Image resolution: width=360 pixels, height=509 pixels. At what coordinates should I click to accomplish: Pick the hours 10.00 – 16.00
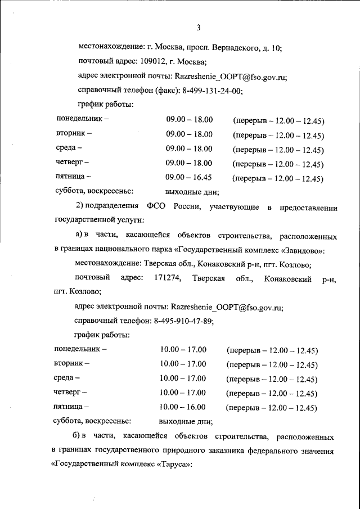[183, 407]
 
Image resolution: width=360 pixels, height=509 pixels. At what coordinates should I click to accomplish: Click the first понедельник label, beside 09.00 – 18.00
[82, 120]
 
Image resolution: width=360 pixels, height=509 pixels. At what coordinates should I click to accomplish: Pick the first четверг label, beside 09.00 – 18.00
[72, 163]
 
